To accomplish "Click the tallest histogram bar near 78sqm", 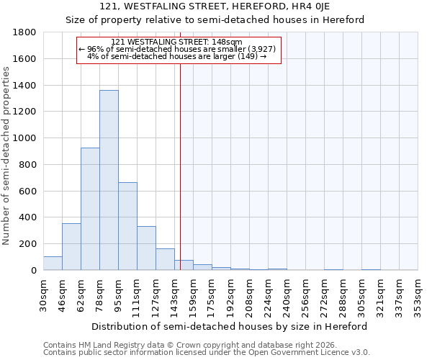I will pyautogui.click(x=109, y=180).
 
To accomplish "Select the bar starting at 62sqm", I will pyautogui.click(x=90, y=209).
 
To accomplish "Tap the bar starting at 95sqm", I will pyautogui.click(x=127, y=226).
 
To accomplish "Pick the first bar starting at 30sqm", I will pyautogui.click(x=53, y=264).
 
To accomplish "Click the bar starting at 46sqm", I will pyautogui.click(x=71, y=247).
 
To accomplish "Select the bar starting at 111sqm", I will pyautogui.click(x=146, y=248).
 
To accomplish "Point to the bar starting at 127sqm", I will pyautogui.click(x=165, y=259).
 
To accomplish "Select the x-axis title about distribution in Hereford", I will pyautogui.click(x=230, y=326).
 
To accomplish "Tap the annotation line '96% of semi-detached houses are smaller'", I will pyautogui.click(x=177, y=48).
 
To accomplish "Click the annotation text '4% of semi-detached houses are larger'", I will pyautogui.click(x=177, y=55).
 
